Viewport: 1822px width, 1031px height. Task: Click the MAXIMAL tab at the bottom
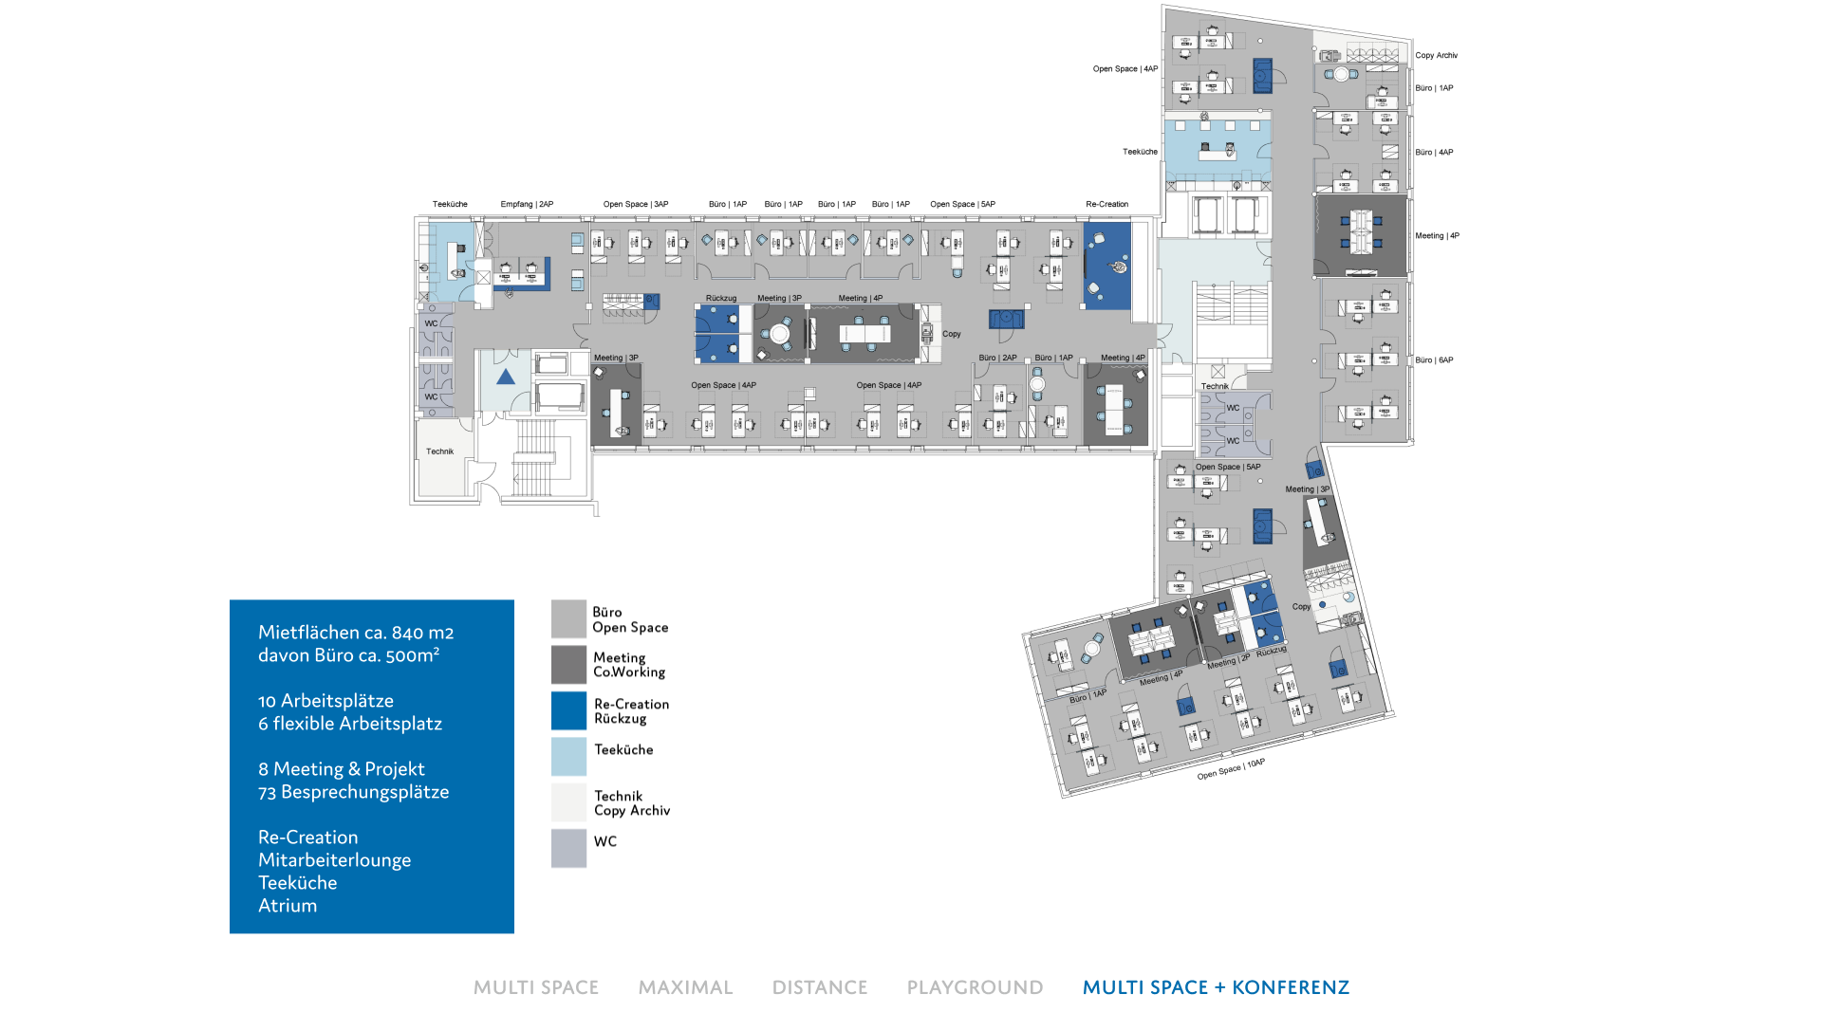coord(685,987)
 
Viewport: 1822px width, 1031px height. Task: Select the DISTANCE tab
coord(820,987)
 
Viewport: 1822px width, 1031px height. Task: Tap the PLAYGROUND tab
coord(975,987)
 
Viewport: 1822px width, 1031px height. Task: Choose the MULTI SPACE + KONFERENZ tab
coord(1216,987)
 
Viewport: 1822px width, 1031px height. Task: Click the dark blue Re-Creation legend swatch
coord(568,710)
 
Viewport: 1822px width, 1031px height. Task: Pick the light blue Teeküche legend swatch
coord(568,757)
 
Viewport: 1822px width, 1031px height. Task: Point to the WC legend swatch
coord(568,848)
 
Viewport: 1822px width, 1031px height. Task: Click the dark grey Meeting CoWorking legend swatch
coord(568,665)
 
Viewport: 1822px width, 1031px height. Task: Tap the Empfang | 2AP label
coord(527,204)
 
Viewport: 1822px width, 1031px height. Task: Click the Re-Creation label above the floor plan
coord(1106,204)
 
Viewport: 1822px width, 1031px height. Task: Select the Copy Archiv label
coord(1436,55)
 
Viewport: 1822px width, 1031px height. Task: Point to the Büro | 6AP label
coord(1434,360)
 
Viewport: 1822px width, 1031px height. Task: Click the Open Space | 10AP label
coord(1231,769)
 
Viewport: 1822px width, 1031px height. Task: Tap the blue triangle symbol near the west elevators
coord(506,377)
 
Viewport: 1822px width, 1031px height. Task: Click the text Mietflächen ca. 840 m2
coord(356,633)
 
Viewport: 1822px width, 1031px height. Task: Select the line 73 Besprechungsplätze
coord(353,792)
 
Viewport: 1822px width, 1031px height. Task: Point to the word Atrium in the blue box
coord(288,906)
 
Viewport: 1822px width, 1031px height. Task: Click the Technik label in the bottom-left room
coord(439,451)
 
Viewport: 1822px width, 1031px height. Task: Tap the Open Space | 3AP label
coord(636,204)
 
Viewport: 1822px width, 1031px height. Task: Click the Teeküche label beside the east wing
coord(1140,152)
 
